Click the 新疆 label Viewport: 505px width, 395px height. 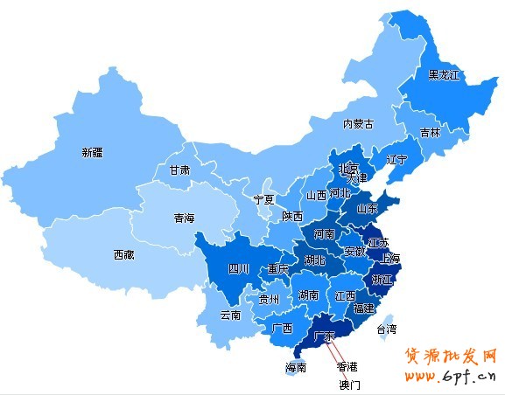[x=92, y=152]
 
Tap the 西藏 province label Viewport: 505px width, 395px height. [x=123, y=255]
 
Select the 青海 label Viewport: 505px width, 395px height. [x=184, y=218]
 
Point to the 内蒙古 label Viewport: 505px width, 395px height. [x=358, y=124]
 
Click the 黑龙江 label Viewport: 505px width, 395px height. [x=444, y=75]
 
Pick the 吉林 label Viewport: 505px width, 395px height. [x=430, y=133]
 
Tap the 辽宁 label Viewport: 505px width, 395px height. [x=396, y=160]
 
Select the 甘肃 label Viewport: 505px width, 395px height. [x=179, y=170]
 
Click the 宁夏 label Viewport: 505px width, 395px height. [x=263, y=199]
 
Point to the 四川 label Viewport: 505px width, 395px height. [x=239, y=269]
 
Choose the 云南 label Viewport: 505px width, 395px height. [x=230, y=315]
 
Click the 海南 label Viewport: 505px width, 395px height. [x=296, y=368]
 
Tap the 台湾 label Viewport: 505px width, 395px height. [x=386, y=329]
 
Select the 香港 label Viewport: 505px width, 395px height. [x=347, y=366]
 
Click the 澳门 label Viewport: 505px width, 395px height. [x=350, y=384]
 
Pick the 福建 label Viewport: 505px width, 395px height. [x=363, y=308]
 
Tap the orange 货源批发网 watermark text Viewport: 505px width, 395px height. [x=450, y=357]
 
